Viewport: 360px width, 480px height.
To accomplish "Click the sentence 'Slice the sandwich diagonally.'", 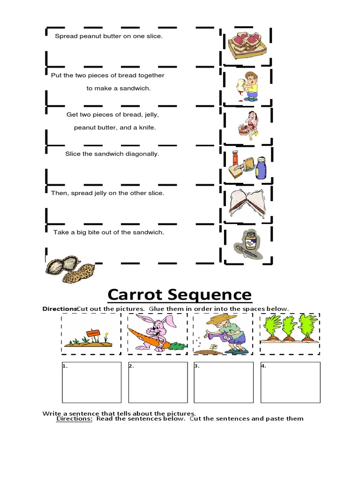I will coord(112,154).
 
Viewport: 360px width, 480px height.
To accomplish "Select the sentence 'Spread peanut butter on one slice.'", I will coord(109,36).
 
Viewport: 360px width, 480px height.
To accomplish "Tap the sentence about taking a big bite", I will coord(109,232).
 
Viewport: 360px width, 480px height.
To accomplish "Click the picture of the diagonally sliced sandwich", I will coord(247,202).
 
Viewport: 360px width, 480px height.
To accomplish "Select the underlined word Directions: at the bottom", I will coord(74,419).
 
